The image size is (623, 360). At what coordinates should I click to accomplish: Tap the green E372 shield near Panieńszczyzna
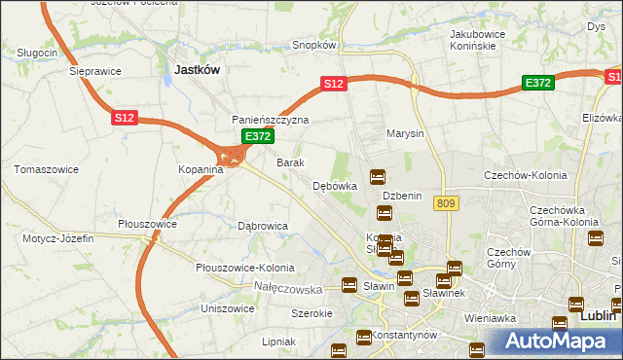[257, 137]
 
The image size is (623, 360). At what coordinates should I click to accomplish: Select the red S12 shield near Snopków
[334, 84]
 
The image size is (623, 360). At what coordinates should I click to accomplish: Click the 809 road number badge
[447, 202]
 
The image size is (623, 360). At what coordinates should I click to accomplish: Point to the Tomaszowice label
[46, 169]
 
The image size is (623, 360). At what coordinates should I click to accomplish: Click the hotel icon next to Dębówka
[378, 178]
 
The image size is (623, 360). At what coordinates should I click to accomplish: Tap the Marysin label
[405, 133]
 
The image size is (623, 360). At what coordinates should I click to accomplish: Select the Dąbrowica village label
[263, 226]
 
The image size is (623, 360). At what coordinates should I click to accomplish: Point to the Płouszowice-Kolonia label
[244, 268]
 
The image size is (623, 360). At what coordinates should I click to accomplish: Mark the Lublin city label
[598, 316]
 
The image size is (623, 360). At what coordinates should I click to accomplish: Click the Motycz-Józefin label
[54, 238]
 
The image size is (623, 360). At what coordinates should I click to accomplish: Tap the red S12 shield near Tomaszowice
[124, 118]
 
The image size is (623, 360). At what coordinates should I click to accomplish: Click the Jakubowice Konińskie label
[480, 40]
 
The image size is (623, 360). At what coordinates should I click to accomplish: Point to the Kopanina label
[201, 169]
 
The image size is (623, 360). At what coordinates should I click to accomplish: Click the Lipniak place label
[278, 342]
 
